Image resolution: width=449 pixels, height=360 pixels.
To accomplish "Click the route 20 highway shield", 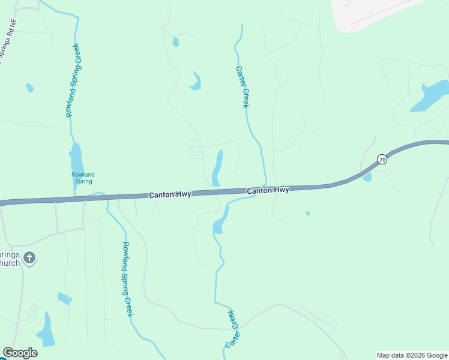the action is point(382,159).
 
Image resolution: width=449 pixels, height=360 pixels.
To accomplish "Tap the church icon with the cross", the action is point(29,259).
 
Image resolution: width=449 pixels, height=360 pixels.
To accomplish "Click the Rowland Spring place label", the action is point(83,178).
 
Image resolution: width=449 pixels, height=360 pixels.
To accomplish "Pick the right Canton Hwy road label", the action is point(268,190).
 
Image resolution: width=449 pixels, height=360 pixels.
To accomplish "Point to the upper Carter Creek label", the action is point(241,87).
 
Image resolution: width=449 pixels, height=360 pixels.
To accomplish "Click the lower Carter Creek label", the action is point(232,329).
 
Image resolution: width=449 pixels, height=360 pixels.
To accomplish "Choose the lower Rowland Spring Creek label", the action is point(127,279).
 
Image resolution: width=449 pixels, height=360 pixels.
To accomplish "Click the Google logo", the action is point(20,353).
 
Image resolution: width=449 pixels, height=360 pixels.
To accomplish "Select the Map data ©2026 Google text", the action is point(412,355).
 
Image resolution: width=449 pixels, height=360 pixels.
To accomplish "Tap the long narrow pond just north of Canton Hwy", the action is point(217,168).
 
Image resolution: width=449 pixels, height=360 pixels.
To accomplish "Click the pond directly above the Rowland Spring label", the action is point(76,158).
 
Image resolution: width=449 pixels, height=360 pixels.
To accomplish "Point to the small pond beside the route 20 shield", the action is point(367,176).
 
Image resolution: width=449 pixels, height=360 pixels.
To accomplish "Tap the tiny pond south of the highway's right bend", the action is point(308,213).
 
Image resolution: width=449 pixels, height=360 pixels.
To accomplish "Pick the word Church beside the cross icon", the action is point(10,263).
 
